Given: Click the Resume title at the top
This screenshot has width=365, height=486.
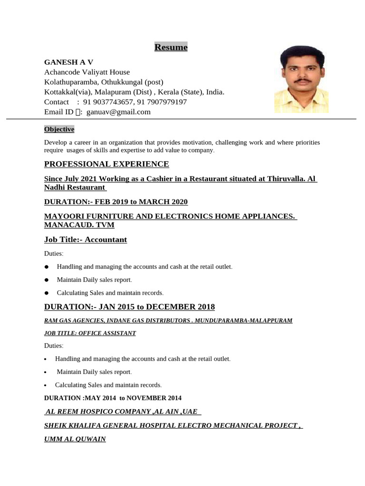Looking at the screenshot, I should coord(171,47).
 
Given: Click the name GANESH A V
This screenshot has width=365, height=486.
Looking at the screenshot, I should coord(68,62).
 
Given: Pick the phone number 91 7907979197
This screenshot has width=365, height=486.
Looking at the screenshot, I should coord(162,102).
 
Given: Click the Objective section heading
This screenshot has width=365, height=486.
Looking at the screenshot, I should coord(59,129).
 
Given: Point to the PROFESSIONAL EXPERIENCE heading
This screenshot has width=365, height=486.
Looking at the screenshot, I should coord(106,164).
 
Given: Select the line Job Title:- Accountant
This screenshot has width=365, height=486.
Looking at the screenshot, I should coord(86,240).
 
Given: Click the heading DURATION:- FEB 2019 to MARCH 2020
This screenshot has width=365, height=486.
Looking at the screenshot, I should coord(116,202).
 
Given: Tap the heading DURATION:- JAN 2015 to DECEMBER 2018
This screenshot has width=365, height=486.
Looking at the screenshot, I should coord(129,307).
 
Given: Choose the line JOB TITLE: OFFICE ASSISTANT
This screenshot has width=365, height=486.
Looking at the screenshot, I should coord(90,333).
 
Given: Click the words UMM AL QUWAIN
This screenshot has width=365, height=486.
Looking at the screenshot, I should coord(75,439).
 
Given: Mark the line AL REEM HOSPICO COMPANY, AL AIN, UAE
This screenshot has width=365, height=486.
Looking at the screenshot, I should coord(121,411).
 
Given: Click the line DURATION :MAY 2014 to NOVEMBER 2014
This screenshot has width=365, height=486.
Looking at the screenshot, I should coord(113,398).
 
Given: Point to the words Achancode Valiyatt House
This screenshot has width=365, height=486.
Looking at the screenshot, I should coord(86,72).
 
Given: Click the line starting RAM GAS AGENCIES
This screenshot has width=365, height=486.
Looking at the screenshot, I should coord(168,320).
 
